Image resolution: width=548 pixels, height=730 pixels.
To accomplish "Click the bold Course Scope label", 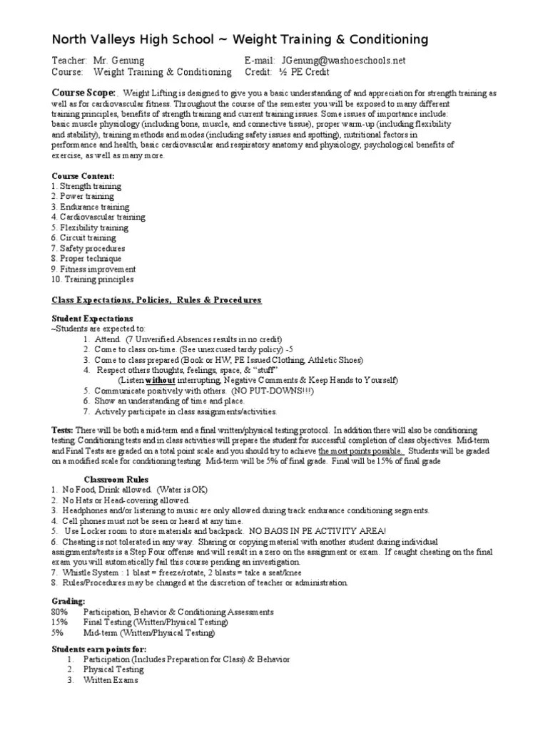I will [x=83, y=93].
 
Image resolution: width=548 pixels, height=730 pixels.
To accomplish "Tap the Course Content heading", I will [x=83, y=175].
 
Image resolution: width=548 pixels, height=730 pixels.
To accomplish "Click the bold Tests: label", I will [x=62, y=431].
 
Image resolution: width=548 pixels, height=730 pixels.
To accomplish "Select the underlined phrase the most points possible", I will [x=361, y=451].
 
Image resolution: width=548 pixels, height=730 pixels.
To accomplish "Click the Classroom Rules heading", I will [x=118, y=480].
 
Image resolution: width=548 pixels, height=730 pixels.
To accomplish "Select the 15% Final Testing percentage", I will [x=60, y=622].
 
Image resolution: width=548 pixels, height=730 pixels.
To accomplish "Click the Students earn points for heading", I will [x=99, y=649].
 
